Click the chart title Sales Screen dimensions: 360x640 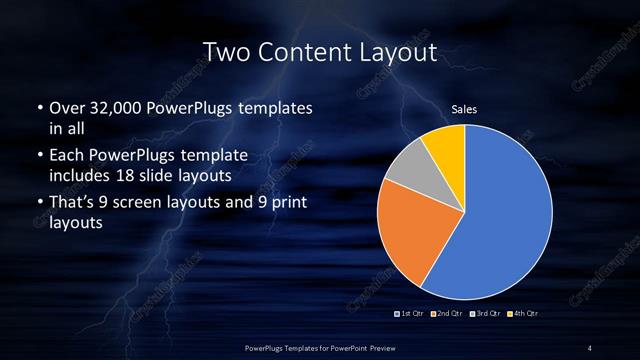[x=463, y=108]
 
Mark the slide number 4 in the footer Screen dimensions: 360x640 [x=590, y=347]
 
